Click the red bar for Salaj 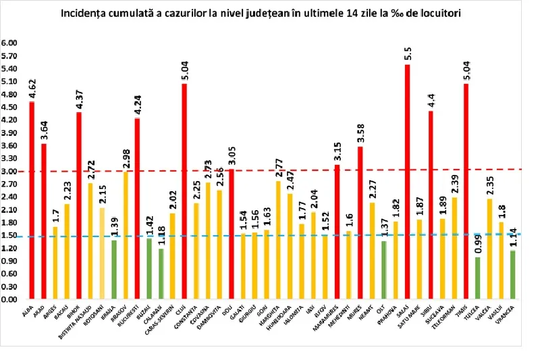(x=408, y=182)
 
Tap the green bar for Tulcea (x=478, y=278)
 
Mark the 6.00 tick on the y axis (x=10, y=43)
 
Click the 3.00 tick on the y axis (x=10, y=171)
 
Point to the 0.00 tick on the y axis (x=10, y=299)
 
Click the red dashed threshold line (x=270, y=170)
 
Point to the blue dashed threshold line (x=270, y=236)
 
